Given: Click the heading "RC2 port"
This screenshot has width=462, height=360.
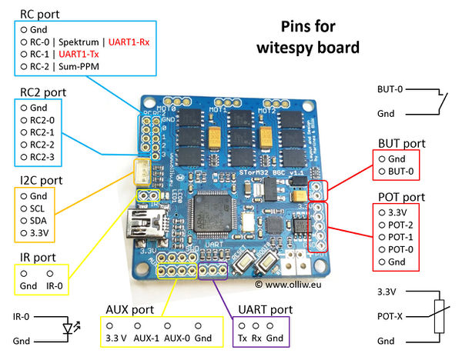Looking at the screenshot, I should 42,93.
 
